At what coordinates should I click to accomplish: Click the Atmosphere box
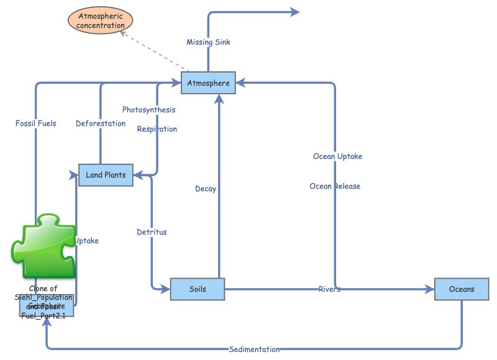208,83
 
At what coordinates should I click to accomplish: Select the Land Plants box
106,175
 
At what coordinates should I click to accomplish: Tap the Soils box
197,289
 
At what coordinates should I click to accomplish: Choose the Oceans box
462,289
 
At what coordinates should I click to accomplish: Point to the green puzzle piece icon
43,247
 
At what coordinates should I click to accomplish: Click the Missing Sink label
209,42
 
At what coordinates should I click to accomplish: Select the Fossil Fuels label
35,124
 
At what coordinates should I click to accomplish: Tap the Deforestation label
101,124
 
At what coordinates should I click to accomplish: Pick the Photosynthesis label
148,110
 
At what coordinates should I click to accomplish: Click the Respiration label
157,129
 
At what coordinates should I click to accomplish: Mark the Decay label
206,189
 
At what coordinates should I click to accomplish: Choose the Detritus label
152,232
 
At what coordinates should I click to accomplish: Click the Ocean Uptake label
337,156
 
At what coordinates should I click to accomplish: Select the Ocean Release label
335,186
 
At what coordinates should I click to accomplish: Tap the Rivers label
329,289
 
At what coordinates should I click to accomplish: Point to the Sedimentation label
254,349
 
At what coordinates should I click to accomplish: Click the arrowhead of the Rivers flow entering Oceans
429,289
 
